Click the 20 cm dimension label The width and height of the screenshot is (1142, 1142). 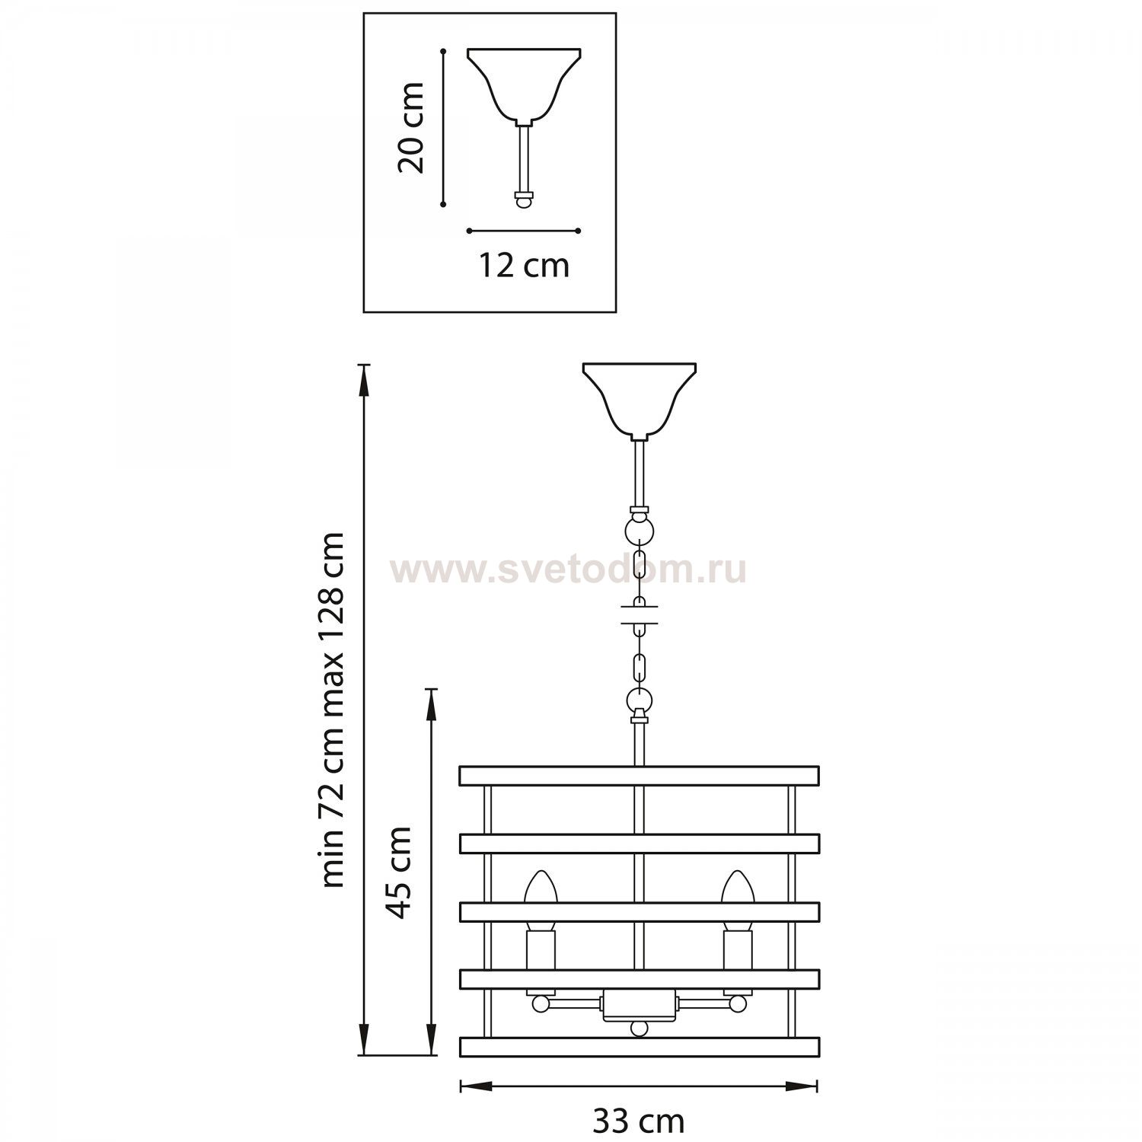[x=412, y=128]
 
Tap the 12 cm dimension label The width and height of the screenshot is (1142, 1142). [x=524, y=266]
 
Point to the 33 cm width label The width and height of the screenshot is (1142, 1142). [x=638, y=1121]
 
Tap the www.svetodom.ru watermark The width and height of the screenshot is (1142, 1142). [x=567, y=569]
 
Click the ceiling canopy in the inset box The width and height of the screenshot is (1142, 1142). [x=524, y=84]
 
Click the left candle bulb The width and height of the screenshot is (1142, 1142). [x=541, y=888]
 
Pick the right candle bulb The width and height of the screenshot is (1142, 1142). [x=737, y=888]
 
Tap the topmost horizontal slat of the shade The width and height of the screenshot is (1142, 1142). [x=639, y=776]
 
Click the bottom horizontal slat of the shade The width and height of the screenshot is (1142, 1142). [x=639, y=1046]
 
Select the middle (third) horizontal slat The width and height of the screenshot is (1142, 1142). [x=639, y=911]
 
